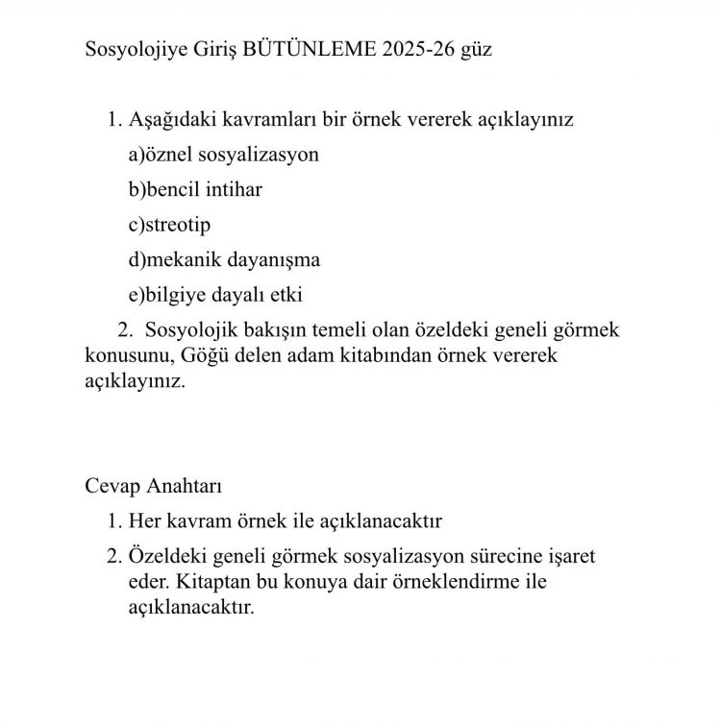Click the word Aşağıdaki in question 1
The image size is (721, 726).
pos(173,120)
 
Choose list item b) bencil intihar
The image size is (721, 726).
pos(194,189)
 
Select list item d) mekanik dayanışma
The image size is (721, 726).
pos(223,259)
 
